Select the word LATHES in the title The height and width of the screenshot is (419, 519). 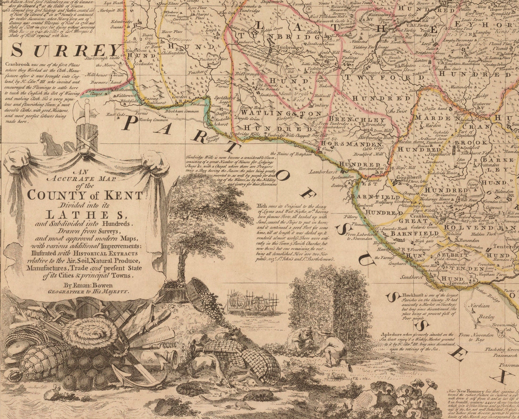(86, 215)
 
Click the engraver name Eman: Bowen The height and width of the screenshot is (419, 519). (88, 285)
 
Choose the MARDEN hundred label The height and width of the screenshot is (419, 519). (432, 118)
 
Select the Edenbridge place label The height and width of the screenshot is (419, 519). (98, 32)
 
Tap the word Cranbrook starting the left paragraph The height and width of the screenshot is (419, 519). (17, 64)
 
